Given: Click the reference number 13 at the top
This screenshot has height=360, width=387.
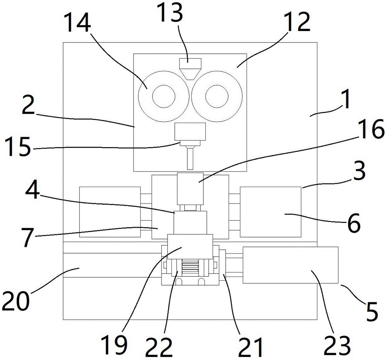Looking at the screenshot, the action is click(170, 14).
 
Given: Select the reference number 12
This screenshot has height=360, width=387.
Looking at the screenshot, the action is click(297, 22).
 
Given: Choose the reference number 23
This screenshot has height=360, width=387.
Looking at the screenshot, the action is click(337, 345).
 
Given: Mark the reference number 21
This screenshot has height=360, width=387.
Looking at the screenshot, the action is click(250, 347).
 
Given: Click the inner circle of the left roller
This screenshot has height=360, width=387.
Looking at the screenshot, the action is click(164, 96).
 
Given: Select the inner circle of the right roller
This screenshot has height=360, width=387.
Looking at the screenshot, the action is click(217, 96).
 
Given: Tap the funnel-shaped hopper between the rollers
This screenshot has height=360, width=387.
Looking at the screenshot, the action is click(190, 69).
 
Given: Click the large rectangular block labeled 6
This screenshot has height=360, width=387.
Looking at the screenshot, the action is click(271, 212).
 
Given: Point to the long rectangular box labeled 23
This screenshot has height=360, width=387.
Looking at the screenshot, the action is click(291, 265).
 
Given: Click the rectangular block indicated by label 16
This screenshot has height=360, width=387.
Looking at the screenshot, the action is click(190, 189).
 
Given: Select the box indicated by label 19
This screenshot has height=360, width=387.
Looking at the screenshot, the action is click(190, 247).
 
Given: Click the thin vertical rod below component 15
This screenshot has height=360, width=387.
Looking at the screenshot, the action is click(190, 158).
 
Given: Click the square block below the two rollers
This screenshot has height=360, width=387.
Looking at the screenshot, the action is click(190, 132).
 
